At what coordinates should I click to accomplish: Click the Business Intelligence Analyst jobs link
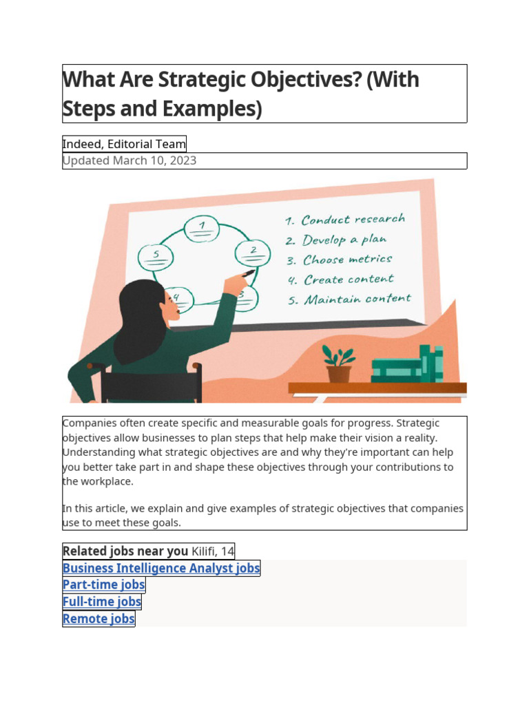pos(161,568)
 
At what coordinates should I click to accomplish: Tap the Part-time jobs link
pos(104,585)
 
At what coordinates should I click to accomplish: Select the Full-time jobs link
pos(102,602)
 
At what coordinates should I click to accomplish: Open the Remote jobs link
pos(98,618)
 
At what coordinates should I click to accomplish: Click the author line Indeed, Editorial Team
pos(124,144)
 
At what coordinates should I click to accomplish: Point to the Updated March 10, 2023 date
pos(129,160)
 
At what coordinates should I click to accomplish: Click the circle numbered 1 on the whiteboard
pos(202,229)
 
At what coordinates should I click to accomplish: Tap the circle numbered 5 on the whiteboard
pos(157,257)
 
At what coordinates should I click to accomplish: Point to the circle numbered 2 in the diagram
pos(253,253)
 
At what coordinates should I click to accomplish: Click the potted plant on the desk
pos(338,364)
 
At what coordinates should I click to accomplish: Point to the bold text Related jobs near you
pos(125,551)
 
